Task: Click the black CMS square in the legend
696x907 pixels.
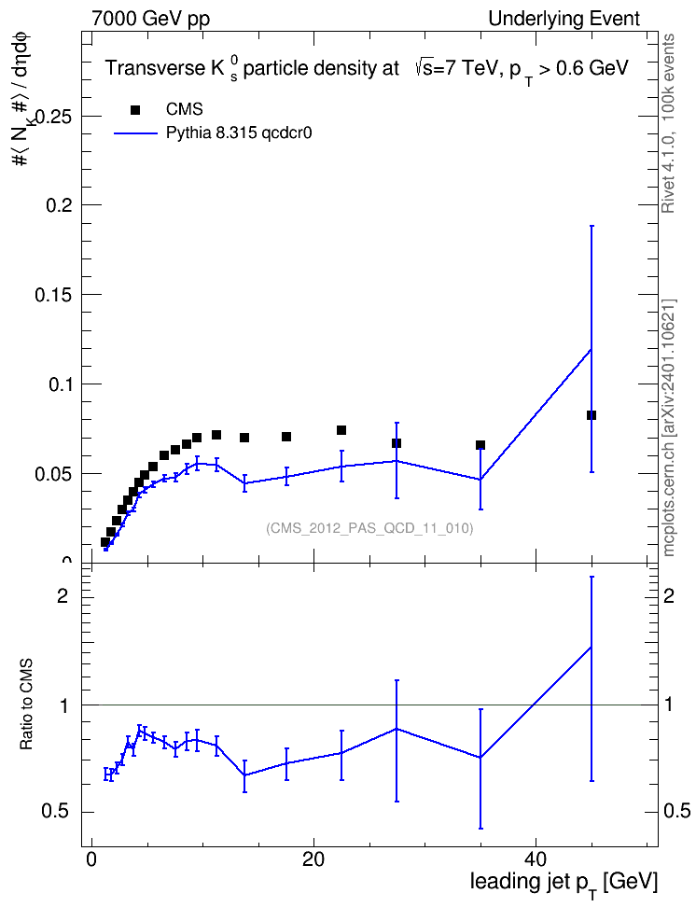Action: [134, 109]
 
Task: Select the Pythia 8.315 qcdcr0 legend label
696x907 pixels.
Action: [239, 133]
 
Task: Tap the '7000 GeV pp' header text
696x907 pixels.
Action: [150, 19]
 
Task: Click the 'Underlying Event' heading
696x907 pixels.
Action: [564, 19]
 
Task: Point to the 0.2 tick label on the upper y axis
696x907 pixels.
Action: [59, 205]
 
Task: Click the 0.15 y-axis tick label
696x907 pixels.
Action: [54, 295]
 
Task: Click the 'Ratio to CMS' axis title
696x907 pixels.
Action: [26, 704]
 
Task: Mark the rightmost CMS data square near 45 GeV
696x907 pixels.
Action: [592, 415]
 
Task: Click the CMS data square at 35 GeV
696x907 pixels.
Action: [480, 445]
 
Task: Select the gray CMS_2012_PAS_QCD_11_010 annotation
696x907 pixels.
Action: [369, 528]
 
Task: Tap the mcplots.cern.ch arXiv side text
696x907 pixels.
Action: [669, 427]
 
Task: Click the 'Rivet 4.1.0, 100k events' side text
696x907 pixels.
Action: [668, 123]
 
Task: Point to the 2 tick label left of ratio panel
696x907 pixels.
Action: [63, 595]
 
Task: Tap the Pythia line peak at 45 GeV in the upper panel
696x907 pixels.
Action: [591, 349]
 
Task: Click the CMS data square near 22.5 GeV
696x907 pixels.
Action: [341, 430]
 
